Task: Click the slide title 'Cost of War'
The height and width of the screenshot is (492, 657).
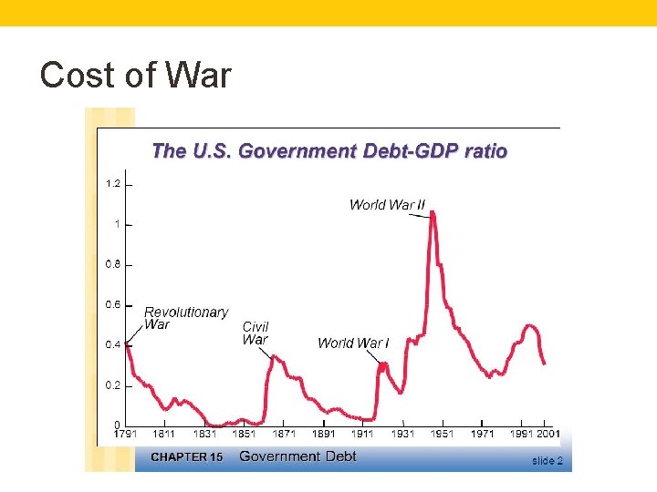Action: click(136, 75)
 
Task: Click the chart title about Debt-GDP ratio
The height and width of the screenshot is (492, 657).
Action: click(329, 151)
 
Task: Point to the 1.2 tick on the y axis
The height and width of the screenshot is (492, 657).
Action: click(113, 184)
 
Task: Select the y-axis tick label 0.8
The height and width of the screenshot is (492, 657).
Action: click(113, 264)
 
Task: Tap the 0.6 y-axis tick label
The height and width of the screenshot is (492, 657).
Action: click(113, 304)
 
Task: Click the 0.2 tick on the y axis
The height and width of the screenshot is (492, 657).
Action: click(113, 385)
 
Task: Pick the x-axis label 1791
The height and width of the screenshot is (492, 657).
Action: click(125, 435)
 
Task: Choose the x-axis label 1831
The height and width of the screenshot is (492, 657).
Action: click(204, 435)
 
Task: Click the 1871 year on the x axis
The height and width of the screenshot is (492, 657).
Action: click(284, 435)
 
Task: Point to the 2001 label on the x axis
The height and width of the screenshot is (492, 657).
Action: click(547, 435)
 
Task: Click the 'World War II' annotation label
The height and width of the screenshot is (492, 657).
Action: click(387, 205)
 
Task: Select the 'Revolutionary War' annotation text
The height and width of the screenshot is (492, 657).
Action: click(186, 318)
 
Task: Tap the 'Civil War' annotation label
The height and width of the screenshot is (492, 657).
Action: click(255, 333)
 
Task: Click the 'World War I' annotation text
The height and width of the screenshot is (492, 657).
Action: click(353, 343)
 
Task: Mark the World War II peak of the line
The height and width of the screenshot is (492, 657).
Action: click(432, 213)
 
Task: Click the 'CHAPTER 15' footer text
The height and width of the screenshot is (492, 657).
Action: click(186, 457)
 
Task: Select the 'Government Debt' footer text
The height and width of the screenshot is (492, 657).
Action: click(293, 456)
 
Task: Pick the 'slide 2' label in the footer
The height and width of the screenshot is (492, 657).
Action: click(547, 461)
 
